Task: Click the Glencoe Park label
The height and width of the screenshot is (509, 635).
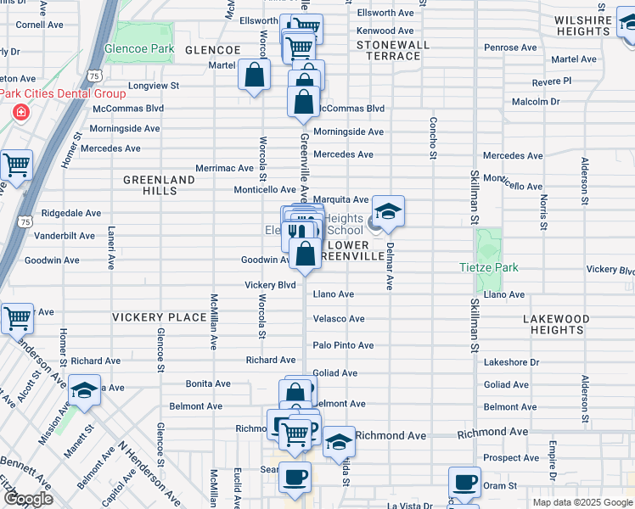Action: [139, 49]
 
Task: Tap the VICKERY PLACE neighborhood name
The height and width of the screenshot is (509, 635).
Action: [160, 317]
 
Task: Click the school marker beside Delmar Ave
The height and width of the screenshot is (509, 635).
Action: [388, 212]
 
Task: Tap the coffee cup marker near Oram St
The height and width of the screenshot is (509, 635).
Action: [464, 482]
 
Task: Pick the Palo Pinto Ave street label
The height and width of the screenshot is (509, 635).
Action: [343, 345]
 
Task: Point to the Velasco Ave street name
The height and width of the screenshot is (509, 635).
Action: [339, 319]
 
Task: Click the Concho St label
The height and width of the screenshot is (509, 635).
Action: [433, 137]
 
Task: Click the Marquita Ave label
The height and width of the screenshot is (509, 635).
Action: [340, 200]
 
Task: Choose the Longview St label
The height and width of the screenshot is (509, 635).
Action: [154, 86]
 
